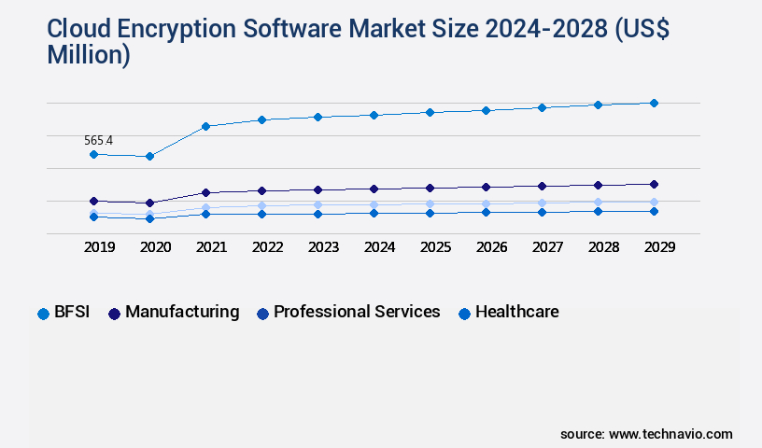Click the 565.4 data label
tap(98, 141)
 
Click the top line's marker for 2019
tap(93, 154)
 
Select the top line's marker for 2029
tap(654, 103)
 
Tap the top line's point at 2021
tap(205, 126)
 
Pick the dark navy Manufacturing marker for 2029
tap(654, 184)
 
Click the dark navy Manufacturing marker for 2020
tap(149, 203)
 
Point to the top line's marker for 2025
tap(430, 112)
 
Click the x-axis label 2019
tap(99, 247)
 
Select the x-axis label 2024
tap(379, 247)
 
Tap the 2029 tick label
tap(659, 247)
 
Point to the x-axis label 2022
tap(267, 247)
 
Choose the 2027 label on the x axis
tap(547, 247)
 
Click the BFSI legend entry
tap(71, 313)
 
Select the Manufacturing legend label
tap(182, 313)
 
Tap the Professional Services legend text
tap(357, 313)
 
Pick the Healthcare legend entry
tap(516, 313)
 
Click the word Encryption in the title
tap(185, 31)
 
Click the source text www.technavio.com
tap(670, 434)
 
